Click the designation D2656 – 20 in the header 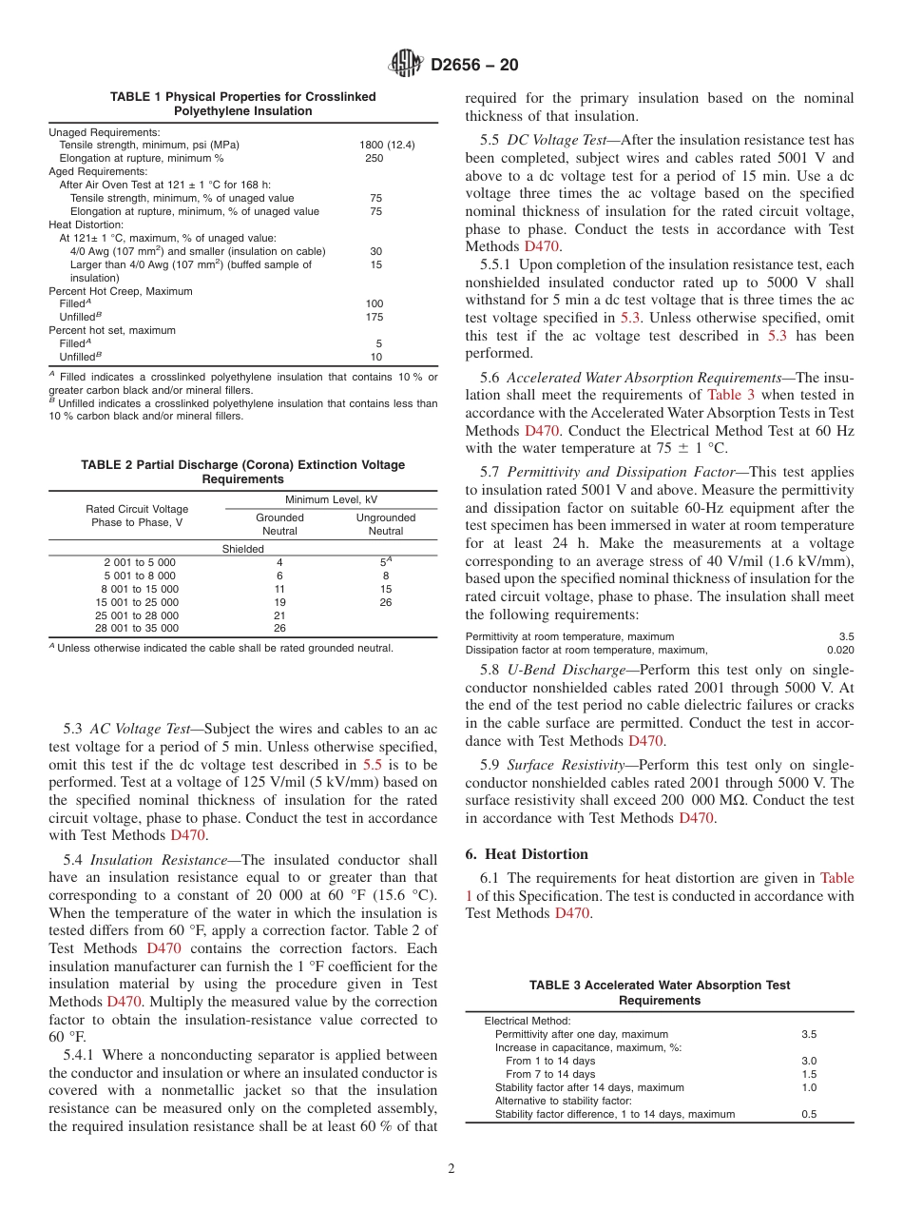tap(474, 65)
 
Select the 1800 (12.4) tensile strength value tap(387, 145)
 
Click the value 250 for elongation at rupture tap(375, 158)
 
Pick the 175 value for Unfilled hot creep tap(375, 316)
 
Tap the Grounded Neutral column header tap(279, 524)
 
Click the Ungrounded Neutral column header tap(385, 524)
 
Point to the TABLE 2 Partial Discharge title tap(242, 472)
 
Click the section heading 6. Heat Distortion tap(527, 854)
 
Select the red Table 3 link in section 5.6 tap(731, 395)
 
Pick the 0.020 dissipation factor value tap(840, 650)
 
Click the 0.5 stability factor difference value tap(809, 1114)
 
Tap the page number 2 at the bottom tap(451, 1169)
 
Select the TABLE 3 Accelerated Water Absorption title tap(659, 992)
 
